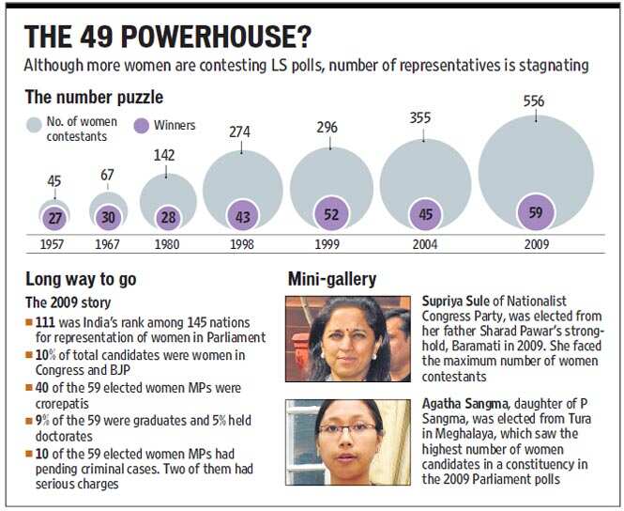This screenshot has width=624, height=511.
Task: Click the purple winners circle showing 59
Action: click(x=536, y=212)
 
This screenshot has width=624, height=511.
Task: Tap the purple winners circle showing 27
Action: click(x=54, y=218)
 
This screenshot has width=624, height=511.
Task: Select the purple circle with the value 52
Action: click(x=331, y=214)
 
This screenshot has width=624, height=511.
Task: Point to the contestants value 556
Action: click(x=534, y=101)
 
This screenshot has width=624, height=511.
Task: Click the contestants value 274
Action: click(x=239, y=132)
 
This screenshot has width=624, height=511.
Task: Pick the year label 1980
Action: click(x=167, y=243)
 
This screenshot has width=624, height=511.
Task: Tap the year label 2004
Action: click(x=425, y=243)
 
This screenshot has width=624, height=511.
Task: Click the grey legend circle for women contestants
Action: click(x=34, y=125)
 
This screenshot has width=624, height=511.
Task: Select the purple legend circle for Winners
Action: click(x=142, y=126)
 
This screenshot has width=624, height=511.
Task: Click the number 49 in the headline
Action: click(x=97, y=37)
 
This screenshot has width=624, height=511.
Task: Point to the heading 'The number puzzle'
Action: click(x=95, y=97)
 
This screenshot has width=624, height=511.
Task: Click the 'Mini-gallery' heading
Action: click(x=332, y=279)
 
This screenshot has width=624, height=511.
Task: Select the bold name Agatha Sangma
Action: click(x=464, y=404)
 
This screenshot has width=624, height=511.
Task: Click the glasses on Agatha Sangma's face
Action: click(x=347, y=429)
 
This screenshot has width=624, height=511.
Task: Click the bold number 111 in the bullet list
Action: click(x=45, y=322)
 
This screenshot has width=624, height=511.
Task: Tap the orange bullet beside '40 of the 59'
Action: click(x=29, y=387)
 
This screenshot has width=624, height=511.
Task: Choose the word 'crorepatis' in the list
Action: click(x=62, y=404)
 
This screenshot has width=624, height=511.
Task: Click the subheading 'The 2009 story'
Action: click(x=68, y=302)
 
